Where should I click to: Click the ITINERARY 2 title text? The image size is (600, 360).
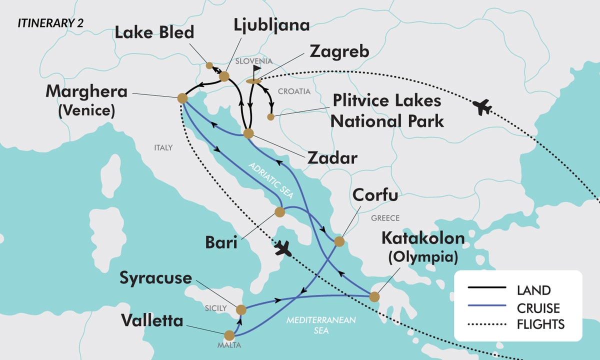[50, 23]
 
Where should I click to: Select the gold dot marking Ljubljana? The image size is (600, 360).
[224, 76]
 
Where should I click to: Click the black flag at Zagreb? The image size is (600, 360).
[256, 70]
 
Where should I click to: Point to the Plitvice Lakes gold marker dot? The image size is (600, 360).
[270, 117]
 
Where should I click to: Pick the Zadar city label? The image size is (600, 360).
[332, 158]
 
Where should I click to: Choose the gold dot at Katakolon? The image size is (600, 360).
[374, 297]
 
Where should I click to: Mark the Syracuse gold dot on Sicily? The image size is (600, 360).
[241, 309]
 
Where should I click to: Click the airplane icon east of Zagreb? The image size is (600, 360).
[483, 107]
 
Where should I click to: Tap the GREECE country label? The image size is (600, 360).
[385, 218]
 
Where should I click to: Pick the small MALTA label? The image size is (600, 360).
[229, 345]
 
